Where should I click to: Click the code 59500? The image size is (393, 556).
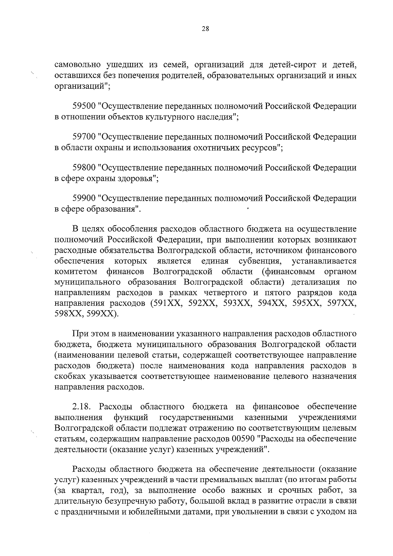(84, 106)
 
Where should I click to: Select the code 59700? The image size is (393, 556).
(84, 137)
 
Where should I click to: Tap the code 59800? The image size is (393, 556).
(84, 168)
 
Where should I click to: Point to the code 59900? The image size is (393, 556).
(84, 198)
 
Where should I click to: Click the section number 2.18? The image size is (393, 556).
(82, 407)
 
